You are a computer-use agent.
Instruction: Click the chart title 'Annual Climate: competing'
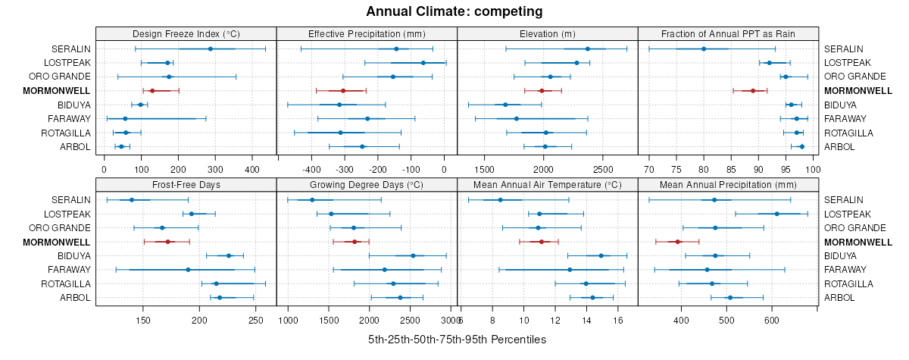tap(454, 11)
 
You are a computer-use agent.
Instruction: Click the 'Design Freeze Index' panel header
tap(186, 33)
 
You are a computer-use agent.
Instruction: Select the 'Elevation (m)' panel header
tap(548, 33)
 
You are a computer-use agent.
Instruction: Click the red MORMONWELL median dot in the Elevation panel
tap(541, 91)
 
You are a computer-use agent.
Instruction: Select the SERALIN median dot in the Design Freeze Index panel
tap(211, 49)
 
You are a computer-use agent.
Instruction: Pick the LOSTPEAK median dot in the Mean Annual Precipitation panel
tap(777, 214)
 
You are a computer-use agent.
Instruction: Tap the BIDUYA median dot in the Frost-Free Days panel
tap(229, 255)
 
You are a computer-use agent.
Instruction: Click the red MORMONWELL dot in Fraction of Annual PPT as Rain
tap(753, 91)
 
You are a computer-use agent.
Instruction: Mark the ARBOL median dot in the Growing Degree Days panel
tap(400, 298)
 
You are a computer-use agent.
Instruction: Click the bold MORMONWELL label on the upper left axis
tap(56, 91)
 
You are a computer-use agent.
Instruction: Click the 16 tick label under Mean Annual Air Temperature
tap(618, 319)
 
